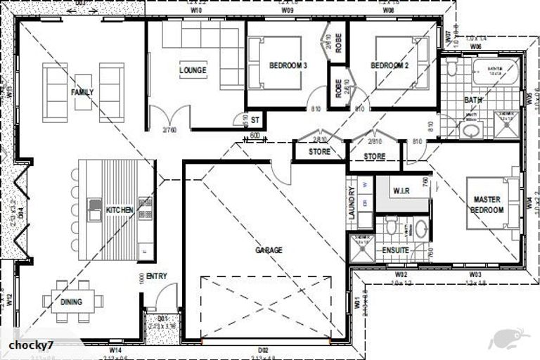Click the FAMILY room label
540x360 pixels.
click(82, 92)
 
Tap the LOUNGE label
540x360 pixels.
click(193, 70)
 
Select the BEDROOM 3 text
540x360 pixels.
click(288, 66)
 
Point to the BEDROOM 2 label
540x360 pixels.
click(390, 66)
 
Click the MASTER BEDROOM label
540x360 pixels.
click(487, 205)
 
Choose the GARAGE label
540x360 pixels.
click(269, 250)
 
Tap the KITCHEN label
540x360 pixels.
click(120, 210)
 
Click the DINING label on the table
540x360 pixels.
click(71, 302)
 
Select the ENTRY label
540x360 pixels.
click(157, 276)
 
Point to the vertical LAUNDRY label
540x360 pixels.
click(352, 204)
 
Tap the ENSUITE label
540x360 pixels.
click(396, 250)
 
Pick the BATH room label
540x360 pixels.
click(473, 101)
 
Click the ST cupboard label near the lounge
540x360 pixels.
click(255, 120)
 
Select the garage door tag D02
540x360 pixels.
click(263, 349)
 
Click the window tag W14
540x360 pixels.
click(116, 349)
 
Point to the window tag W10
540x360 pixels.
click(196, 11)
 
